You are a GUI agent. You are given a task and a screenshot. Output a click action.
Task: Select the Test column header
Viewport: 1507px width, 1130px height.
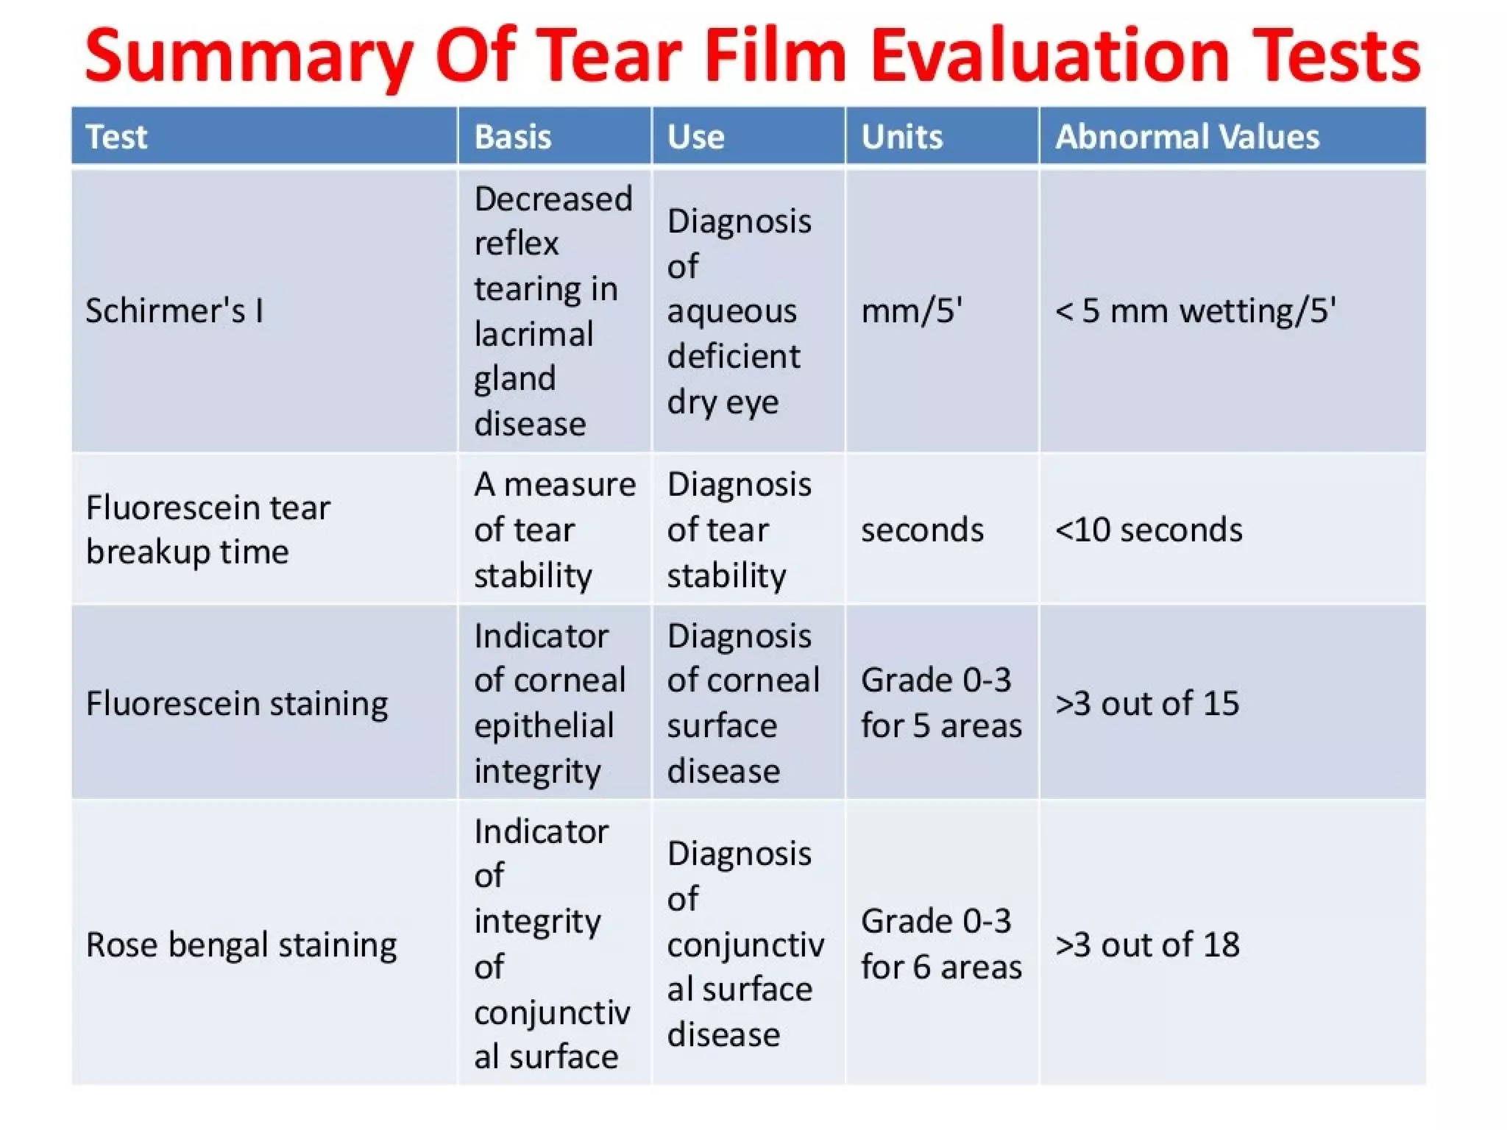(116, 137)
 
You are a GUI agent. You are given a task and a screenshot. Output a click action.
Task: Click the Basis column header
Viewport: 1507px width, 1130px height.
(512, 137)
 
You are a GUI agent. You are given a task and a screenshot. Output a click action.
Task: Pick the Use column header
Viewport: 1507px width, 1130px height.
(695, 137)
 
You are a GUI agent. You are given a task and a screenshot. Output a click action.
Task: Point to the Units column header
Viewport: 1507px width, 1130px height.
(901, 137)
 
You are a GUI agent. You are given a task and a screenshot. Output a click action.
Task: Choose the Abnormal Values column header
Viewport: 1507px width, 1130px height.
(1187, 137)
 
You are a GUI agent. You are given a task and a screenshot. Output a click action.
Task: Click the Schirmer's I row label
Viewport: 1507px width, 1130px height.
(174, 310)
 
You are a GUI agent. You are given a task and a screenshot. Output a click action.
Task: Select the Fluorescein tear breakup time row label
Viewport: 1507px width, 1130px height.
(208, 530)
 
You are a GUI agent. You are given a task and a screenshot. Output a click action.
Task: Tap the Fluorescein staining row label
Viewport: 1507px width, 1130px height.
(237, 703)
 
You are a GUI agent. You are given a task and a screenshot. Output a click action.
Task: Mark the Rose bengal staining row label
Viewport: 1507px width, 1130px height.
(241, 945)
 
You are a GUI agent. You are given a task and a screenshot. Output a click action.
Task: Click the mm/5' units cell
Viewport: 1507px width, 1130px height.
(912, 310)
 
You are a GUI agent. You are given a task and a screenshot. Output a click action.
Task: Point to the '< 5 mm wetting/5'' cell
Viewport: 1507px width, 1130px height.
(1195, 310)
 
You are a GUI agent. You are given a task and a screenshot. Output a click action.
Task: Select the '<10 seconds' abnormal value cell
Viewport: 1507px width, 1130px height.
(1149, 530)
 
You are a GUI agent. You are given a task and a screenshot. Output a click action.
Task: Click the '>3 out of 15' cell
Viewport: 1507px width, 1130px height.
(1147, 703)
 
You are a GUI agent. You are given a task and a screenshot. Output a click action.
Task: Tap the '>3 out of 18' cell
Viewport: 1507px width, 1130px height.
(1147, 945)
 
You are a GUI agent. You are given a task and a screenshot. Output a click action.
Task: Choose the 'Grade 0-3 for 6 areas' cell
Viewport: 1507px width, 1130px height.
(941, 944)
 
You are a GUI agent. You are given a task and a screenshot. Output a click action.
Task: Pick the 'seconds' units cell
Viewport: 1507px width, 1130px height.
(922, 530)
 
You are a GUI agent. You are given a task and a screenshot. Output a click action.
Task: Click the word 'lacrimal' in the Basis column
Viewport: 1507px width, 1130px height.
(533, 334)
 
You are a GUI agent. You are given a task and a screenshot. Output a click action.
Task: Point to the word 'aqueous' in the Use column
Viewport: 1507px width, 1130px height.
(731, 311)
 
